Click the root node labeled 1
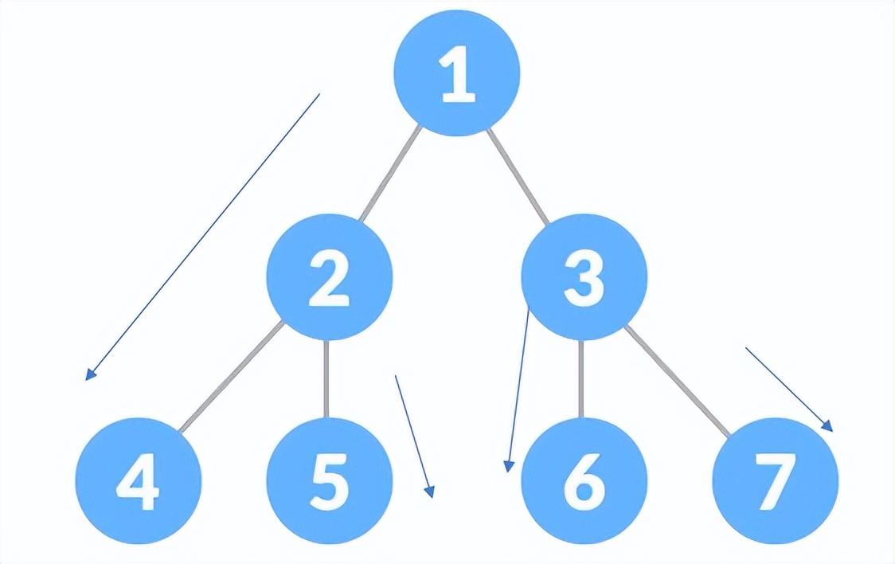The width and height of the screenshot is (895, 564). (x=456, y=72)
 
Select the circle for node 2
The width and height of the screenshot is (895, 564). (x=329, y=276)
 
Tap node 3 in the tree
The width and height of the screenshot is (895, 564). (x=584, y=276)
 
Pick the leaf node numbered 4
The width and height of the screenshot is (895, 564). (x=138, y=481)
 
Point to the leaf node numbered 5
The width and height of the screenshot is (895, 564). (x=329, y=481)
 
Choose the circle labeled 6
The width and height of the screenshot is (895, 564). (x=584, y=481)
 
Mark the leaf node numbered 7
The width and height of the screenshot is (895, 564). (x=775, y=481)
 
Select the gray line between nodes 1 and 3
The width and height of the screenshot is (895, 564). (x=518, y=175)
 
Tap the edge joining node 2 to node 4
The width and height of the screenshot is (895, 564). (x=231, y=378)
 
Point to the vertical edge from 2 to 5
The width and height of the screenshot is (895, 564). (x=326, y=379)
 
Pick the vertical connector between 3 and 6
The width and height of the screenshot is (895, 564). (x=580, y=379)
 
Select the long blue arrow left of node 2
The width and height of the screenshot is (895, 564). (x=203, y=236)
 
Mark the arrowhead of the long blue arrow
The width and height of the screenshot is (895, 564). (x=89, y=375)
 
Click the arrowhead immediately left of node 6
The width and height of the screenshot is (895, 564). (x=507, y=467)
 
